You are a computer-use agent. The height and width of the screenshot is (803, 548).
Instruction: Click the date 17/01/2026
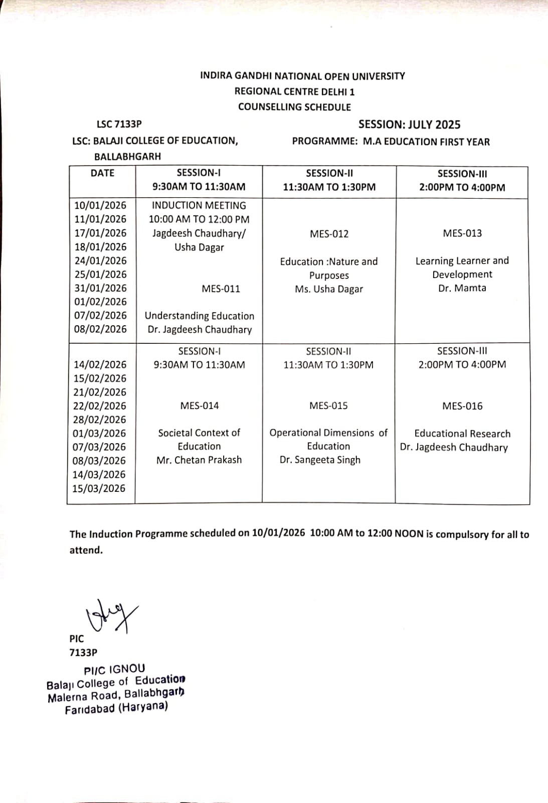point(100,233)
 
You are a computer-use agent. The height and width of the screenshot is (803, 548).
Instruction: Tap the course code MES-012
point(329,234)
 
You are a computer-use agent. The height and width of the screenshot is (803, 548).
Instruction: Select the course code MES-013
point(462,233)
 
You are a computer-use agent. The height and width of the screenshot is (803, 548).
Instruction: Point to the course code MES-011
point(221,289)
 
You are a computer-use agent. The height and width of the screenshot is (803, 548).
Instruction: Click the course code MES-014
point(200,406)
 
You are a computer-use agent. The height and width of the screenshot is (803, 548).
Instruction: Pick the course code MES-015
point(328,406)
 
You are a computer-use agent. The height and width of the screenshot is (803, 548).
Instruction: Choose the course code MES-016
point(462,406)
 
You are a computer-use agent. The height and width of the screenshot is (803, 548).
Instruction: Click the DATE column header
point(102,173)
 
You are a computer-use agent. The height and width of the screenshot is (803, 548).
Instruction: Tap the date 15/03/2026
point(99,488)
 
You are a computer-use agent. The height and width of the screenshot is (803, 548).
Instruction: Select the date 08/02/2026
point(100,329)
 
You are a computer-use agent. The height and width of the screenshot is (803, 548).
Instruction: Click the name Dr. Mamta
point(462,288)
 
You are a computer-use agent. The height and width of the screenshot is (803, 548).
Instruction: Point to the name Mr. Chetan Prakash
point(199,460)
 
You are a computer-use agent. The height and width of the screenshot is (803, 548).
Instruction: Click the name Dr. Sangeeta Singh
point(320,460)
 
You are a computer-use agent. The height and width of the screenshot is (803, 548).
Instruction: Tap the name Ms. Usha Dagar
point(329,289)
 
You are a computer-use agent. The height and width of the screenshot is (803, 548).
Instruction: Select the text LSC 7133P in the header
point(119,124)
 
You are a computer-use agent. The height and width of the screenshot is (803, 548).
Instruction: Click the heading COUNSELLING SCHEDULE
point(294,107)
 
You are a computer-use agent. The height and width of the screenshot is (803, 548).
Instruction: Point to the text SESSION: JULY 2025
point(409,124)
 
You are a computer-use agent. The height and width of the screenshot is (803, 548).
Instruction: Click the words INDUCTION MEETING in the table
point(199,205)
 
